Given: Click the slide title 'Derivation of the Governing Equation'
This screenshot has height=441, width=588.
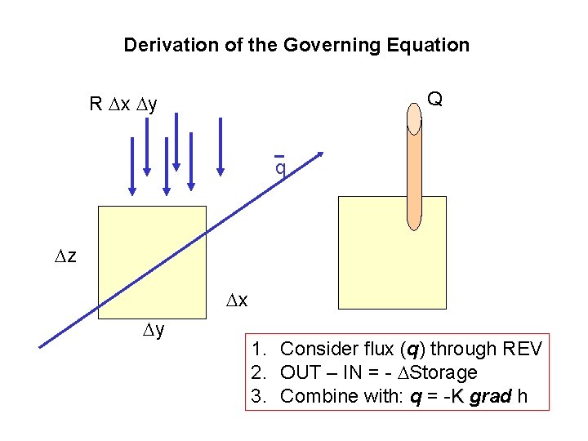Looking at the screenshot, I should click(x=296, y=45).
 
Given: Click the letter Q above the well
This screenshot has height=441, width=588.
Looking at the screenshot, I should click(x=435, y=100).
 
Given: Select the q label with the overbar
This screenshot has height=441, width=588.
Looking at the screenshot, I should click(x=279, y=167).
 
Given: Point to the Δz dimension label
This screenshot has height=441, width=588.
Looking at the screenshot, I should click(x=65, y=257).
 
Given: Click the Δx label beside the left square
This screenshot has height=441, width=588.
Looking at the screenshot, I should click(x=236, y=301).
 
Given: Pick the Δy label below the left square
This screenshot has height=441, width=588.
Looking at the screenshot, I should click(x=154, y=331).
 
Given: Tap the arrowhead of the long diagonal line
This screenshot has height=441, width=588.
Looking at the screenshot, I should click(x=319, y=154).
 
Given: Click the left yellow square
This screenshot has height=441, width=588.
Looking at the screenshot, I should click(x=152, y=260).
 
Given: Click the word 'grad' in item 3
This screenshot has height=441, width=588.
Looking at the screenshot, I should click(x=490, y=397).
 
